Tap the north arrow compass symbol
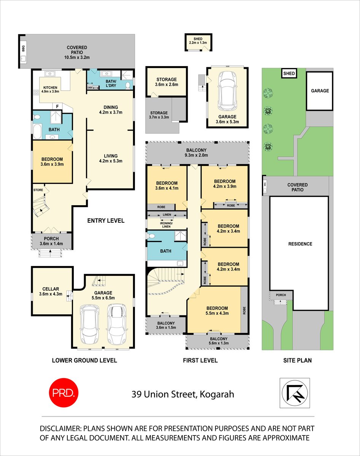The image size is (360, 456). tap(295, 393)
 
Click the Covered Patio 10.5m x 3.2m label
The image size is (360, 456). tap(77, 52)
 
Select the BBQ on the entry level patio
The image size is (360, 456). tap(23, 51)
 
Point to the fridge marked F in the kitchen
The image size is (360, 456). tap(57, 106)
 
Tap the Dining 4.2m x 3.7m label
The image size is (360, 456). tap(108, 110)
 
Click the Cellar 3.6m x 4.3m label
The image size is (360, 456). tap(51, 291)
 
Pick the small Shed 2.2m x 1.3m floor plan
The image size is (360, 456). tap(198, 42)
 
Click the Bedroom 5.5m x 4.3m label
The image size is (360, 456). tap(217, 311)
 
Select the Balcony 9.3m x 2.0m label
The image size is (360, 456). tap(197, 152)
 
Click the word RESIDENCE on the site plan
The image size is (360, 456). tap(300, 244)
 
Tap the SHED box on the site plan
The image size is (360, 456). tap(289, 73)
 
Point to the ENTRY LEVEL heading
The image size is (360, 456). tap(106, 220)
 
